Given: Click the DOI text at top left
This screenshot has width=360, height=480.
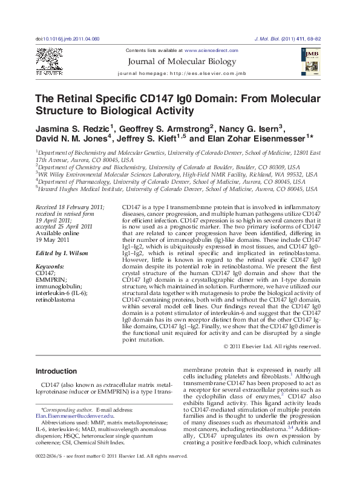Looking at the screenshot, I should (x=67, y=38).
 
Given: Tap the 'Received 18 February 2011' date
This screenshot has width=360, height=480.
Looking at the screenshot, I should (x=70, y=207).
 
